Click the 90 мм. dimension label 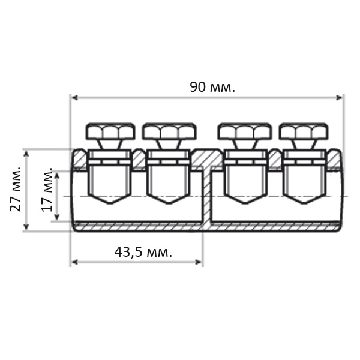click(212, 87)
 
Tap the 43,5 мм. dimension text click(143, 252)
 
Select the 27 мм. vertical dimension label click(16, 189)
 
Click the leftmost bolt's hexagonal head click(110, 131)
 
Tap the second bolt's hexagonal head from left click(169, 131)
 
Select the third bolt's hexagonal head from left click(245, 131)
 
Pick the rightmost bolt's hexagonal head click(304, 131)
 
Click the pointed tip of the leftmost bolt click(110, 203)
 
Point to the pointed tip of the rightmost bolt click(304, 203)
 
